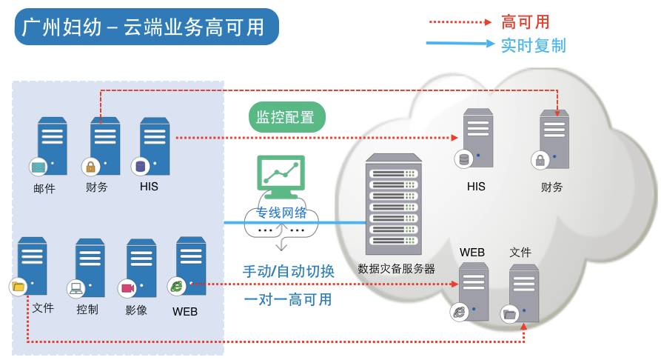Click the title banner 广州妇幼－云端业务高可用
point(147,27)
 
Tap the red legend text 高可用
point(525,22)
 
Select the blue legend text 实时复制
point(533,45)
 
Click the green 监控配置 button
point(286,117)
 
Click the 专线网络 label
point(281,213)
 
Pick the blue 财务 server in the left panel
point(105,145)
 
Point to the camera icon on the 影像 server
point(126,288)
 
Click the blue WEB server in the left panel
point(190,265)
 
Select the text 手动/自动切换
point(289,271)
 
